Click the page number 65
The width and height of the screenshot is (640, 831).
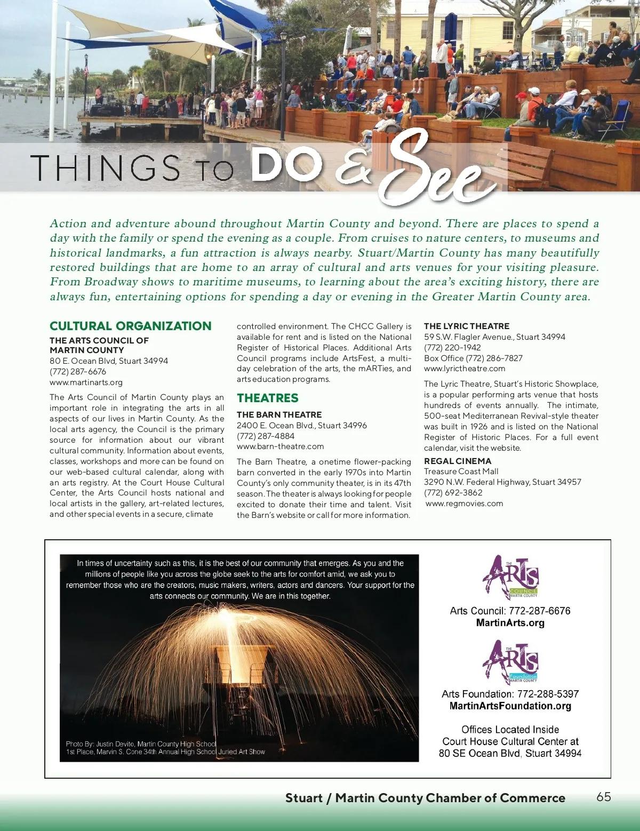click(604, 797)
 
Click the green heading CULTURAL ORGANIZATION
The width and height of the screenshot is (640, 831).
click(130, 326)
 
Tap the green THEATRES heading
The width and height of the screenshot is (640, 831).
click(267, 398)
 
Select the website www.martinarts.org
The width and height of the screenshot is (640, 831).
click(86, 382)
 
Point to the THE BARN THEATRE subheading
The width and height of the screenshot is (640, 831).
click(279, 414)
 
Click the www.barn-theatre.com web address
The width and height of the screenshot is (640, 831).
click(280, 446)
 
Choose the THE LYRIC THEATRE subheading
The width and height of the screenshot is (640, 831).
click(466, 326)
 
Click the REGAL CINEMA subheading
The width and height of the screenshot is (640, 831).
click(457, 461)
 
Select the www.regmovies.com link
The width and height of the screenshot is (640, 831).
click(464, 504)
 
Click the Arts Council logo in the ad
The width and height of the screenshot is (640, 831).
click(510, 578)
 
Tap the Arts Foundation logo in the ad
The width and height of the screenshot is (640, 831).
click(510, 662)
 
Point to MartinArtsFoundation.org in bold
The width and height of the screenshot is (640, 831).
click(510, 706)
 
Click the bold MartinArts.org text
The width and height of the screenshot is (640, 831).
click(510, 623)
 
